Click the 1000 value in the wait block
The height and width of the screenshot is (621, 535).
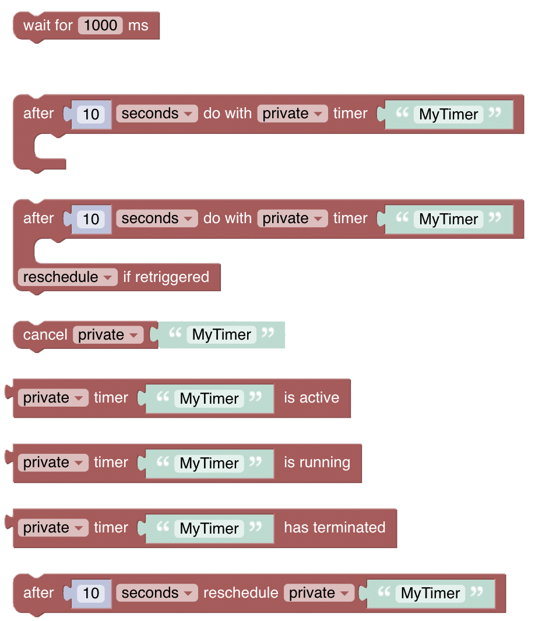(101, 26)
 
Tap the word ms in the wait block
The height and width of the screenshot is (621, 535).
(138, 26)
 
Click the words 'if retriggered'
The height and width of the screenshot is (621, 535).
(166, 277)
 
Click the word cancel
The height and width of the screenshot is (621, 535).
(45, 334)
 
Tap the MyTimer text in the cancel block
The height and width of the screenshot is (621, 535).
(221, 335)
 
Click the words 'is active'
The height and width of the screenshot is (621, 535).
(311, 398)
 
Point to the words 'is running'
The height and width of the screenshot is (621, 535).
(317, 463)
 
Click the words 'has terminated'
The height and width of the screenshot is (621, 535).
(335, 528)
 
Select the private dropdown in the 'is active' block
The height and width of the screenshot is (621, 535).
(53, 398)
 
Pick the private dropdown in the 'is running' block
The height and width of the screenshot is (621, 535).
(53, 463)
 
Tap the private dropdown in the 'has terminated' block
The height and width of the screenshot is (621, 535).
(53, 528)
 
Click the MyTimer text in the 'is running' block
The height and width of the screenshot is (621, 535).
(209, 463)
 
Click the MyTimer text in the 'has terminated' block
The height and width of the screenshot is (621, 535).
(209, 528)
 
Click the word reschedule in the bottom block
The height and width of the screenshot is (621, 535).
(241, 593)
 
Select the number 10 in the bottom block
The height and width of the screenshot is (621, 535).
(91, 593)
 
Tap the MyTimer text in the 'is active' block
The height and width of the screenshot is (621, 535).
(209, 398)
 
